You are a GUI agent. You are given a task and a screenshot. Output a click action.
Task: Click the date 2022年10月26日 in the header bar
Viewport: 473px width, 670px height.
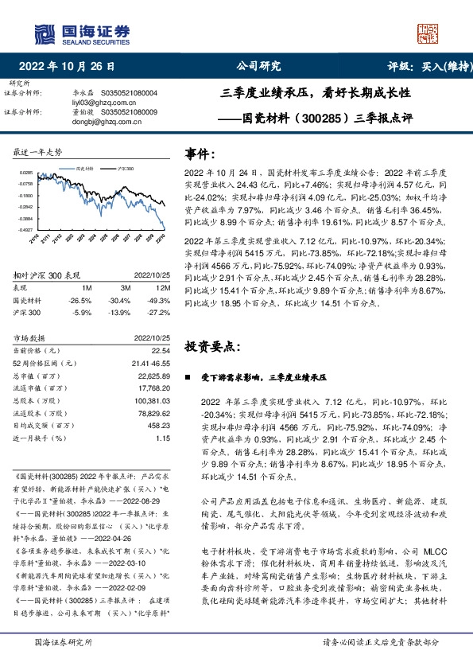point(71,67)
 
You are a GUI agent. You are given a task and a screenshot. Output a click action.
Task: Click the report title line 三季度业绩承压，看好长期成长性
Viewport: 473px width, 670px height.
point(316,93)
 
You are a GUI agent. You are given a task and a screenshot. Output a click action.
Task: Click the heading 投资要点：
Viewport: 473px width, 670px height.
point(211,347)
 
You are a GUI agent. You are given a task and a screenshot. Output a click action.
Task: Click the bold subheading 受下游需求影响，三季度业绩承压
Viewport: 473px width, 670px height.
point(270,377)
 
